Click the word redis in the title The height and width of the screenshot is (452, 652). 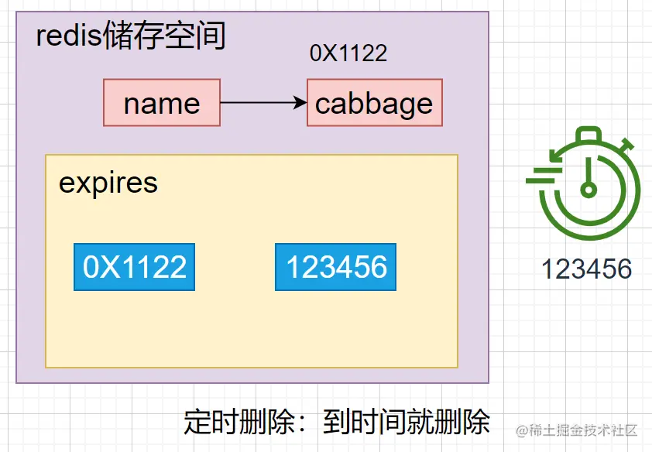69,36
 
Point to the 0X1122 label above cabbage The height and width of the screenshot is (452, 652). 348,53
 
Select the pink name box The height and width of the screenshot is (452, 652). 162,103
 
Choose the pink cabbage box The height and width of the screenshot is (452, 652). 374,103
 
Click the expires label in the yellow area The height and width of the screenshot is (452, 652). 108,183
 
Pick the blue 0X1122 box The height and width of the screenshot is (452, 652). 135,267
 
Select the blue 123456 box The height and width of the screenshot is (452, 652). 336,267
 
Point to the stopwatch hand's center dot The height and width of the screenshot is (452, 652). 589,189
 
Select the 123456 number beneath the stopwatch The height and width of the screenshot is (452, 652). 586,269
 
